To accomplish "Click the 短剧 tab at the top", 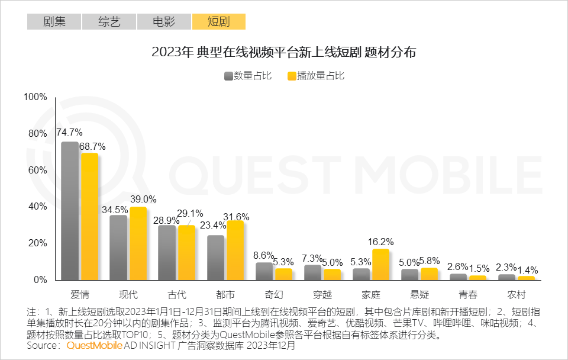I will coord(218,22).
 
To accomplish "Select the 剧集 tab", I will coord(54,22).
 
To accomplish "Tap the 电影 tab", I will coord(164,22).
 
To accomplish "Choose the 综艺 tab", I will coord(109,22).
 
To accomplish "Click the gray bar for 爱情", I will coord(70,211).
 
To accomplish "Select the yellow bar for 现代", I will coord(138,243).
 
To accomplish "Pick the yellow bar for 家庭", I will coord(380,264).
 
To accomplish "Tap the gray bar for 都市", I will coord(216,258).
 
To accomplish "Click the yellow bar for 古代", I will coord(186,252).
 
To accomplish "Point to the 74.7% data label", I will coord(69,133).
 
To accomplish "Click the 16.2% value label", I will coord(380,242).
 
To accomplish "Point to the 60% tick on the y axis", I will coord(37,170).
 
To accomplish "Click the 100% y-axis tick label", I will coord(35,97).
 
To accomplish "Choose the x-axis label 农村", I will coord(516,294).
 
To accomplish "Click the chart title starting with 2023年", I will coord(284,52).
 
